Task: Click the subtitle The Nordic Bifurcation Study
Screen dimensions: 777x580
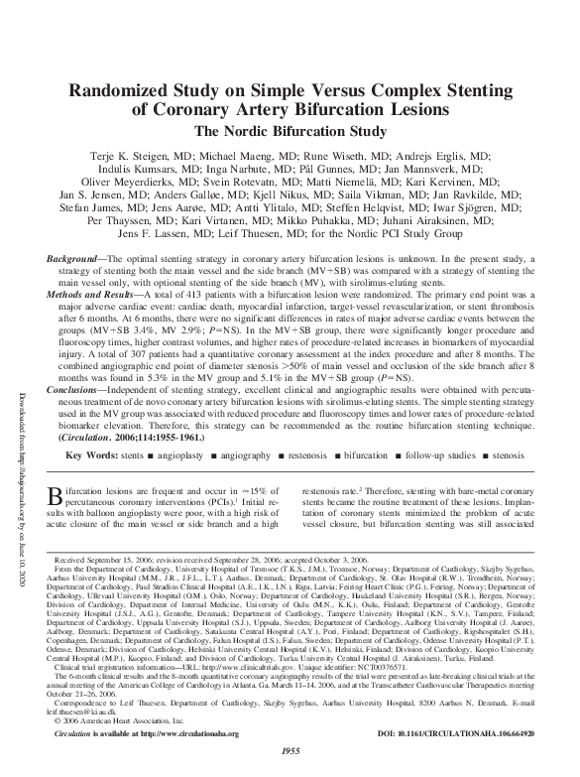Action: tap(290, 130)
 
